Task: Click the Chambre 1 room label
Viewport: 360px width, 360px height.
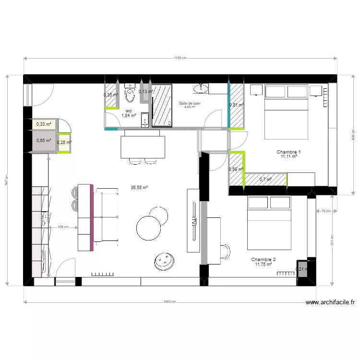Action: click(288, 152)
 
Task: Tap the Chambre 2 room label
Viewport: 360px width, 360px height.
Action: click(264, 259)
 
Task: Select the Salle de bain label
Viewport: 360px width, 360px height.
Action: click(190, 103)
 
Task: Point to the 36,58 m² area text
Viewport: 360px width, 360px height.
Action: click(139, 188)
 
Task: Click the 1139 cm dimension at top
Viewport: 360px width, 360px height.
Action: click(180, 58)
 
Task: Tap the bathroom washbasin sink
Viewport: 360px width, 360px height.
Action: click(201, 88)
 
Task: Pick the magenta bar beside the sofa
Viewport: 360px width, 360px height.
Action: click(92, 217)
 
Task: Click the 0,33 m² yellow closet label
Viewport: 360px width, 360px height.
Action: click(44, 124)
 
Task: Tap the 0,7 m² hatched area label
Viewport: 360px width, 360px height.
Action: click(265, 180)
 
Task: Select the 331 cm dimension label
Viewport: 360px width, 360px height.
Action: click(332, 240)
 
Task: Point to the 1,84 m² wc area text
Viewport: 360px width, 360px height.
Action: click(129, 116)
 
